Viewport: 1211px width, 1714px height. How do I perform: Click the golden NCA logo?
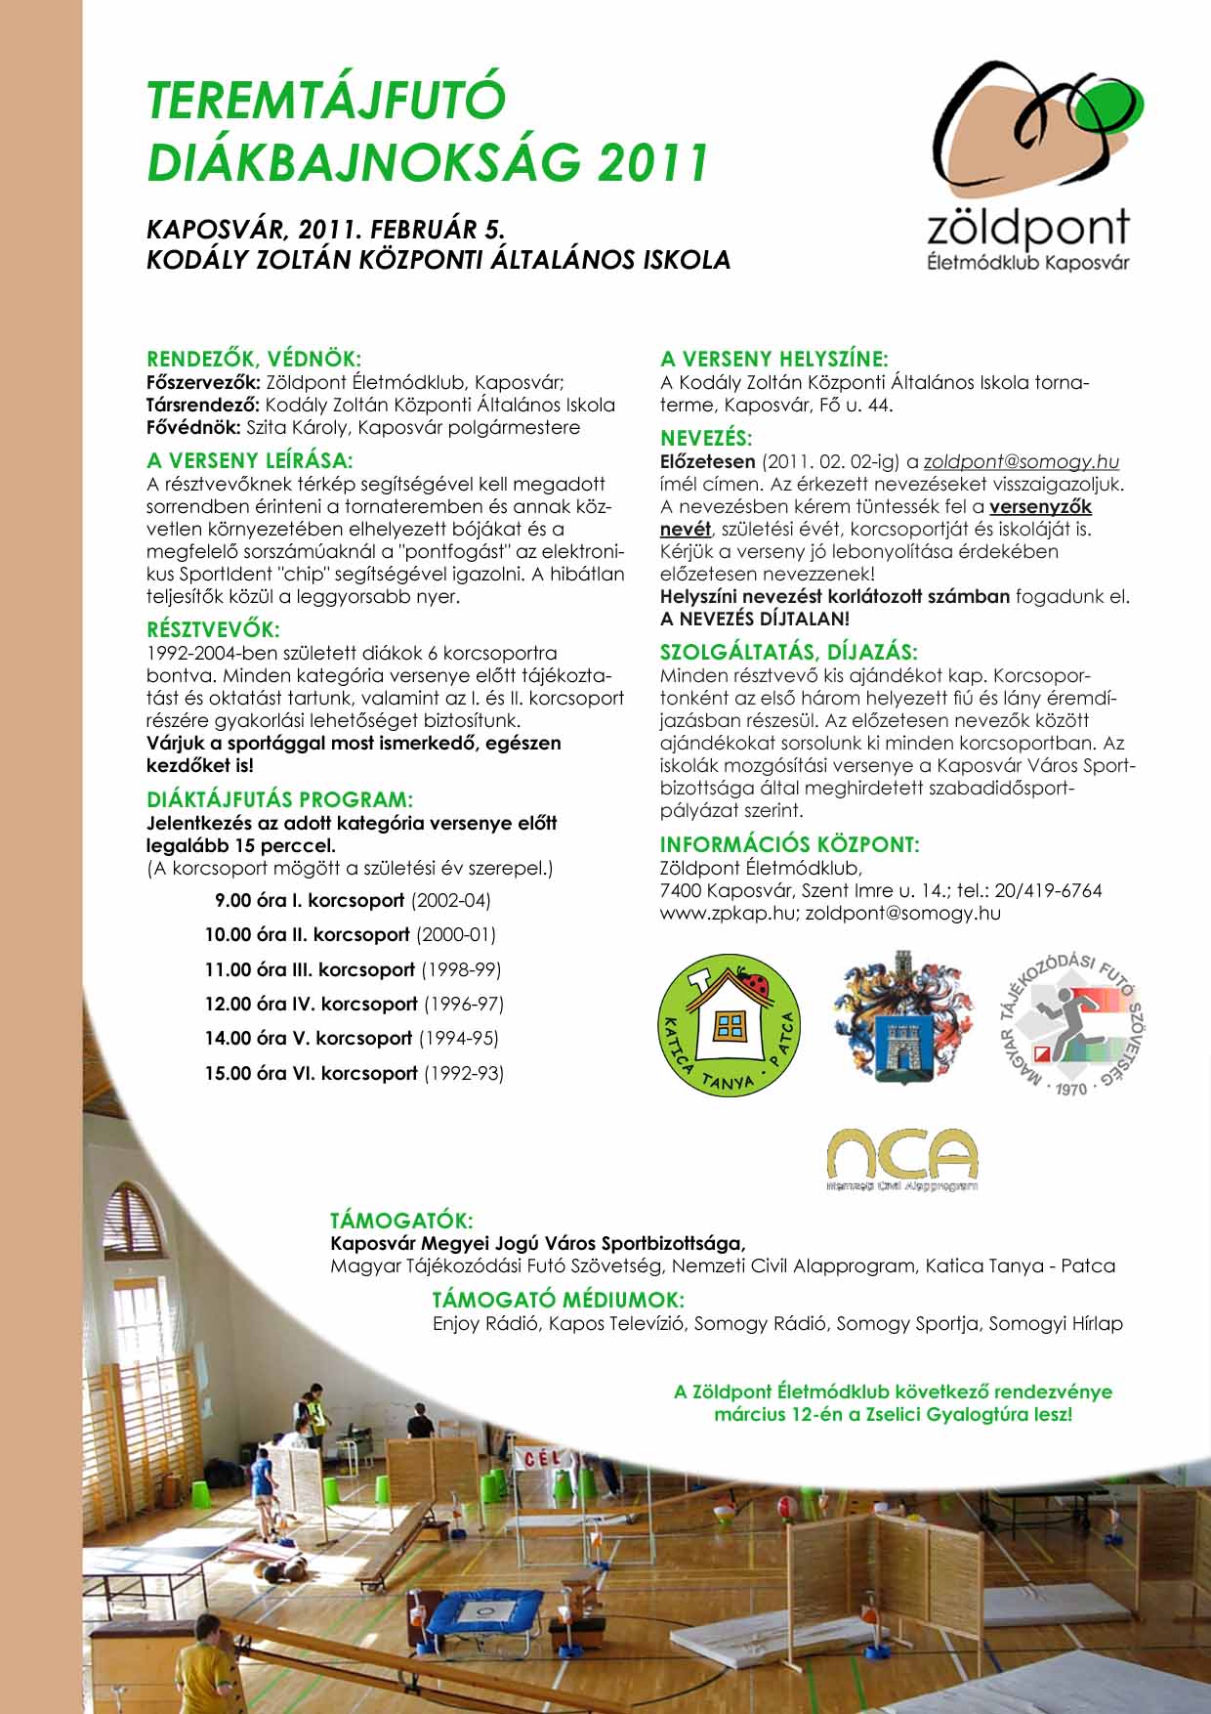click(901, 1159)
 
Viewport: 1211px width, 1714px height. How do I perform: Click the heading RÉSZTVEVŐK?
click(213, 629)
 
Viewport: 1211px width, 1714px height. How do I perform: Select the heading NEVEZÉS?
click(706, 438)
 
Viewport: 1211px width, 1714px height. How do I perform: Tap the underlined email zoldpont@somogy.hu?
click(1021, 461)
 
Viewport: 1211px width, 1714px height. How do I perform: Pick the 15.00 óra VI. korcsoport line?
click(354, 1073)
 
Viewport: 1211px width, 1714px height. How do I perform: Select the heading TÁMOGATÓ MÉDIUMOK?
click(558, 1300)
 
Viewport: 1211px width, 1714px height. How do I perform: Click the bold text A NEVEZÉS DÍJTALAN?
click(755, 619)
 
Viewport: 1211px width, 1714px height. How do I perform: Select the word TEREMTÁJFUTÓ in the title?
click(327, 101)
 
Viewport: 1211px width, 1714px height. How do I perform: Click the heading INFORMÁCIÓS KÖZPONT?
click(790, 844)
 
